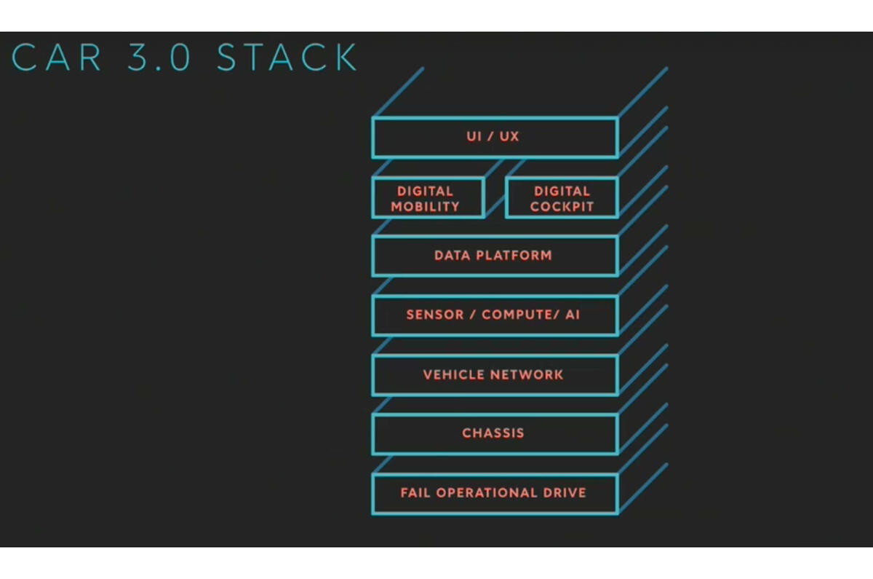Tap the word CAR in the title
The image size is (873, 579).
coord(57,58)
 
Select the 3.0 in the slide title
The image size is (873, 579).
coord(159,58)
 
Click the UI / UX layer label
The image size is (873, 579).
coord(493,136)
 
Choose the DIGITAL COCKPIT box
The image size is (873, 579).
coord(562,198)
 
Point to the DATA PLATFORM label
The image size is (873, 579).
coord(493,256)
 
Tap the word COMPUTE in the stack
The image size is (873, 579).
coord(515,315)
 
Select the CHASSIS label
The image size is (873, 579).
coord(493,433)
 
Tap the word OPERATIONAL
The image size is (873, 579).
coord(485,493)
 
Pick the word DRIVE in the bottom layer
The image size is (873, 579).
coord(563,493)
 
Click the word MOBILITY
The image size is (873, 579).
coord(426,206)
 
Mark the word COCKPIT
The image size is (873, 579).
coord(562,206)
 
